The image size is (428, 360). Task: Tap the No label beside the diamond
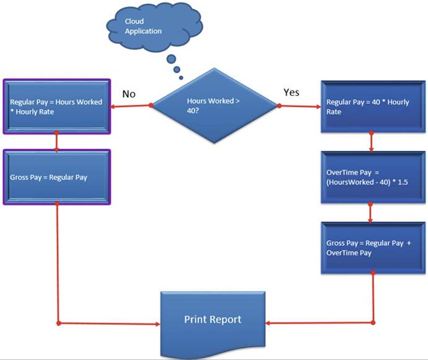tap(129, 94)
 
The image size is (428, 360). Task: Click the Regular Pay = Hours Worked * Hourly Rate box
tap(57, 106)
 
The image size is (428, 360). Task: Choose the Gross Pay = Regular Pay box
tap(57, 176)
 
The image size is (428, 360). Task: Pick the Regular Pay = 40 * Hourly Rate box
tap(370, 106)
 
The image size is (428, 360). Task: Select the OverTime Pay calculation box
tap(370, 177)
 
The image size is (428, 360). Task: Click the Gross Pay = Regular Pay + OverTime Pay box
tap(370, 248)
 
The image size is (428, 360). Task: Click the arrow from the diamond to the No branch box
tap(131, 106)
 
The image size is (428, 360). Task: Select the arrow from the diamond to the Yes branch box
tap(300, 107)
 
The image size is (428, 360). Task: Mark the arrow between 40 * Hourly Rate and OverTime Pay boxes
tap(370, 141)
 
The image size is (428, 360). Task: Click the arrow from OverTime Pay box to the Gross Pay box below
tap(370, 213)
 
